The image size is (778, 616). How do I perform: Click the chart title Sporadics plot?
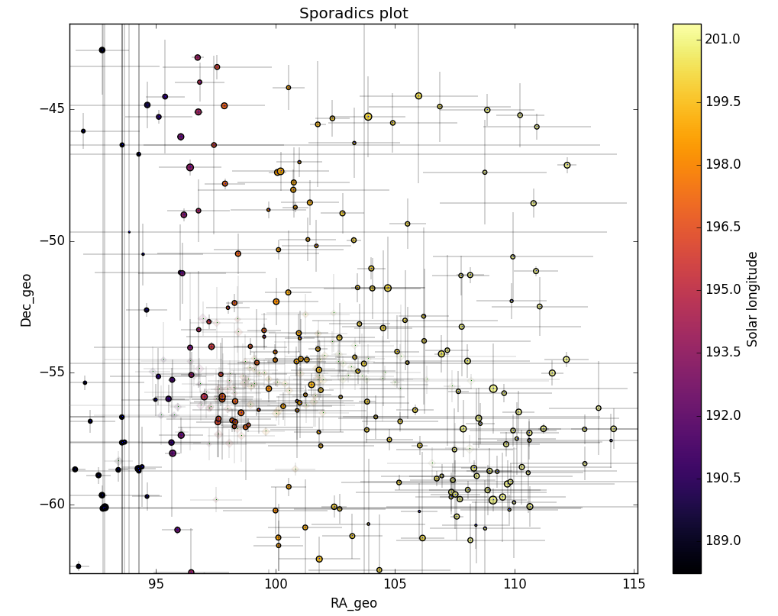(353, 14)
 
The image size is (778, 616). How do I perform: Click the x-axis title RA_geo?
(353, 603)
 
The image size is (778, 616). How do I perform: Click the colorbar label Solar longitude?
(753, 299)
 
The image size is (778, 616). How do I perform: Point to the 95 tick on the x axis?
(156, 585)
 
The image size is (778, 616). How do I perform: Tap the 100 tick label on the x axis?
(276, 585)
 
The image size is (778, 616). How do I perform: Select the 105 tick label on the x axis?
(395, 585)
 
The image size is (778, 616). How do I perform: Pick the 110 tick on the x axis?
(515, 585)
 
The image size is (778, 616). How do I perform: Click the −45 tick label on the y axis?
(50, 108)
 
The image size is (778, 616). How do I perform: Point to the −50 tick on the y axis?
(50, 240)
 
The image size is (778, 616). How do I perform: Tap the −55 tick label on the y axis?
(50, 373)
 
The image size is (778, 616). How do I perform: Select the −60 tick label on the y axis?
(50, 505)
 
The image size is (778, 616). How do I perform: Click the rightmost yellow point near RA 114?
(613, 429)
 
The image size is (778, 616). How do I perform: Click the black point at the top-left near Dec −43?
(102, 50)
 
